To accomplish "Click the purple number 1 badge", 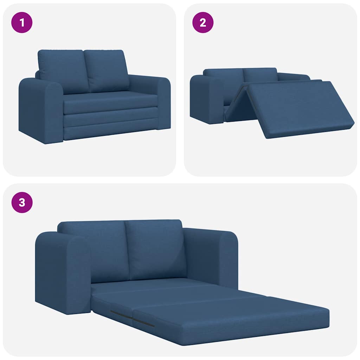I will (x=22, y=22).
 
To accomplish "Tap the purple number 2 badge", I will (x=202, y=22).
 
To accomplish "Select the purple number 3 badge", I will (x=22, y=202).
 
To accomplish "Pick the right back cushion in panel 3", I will (x=155, y=248).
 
